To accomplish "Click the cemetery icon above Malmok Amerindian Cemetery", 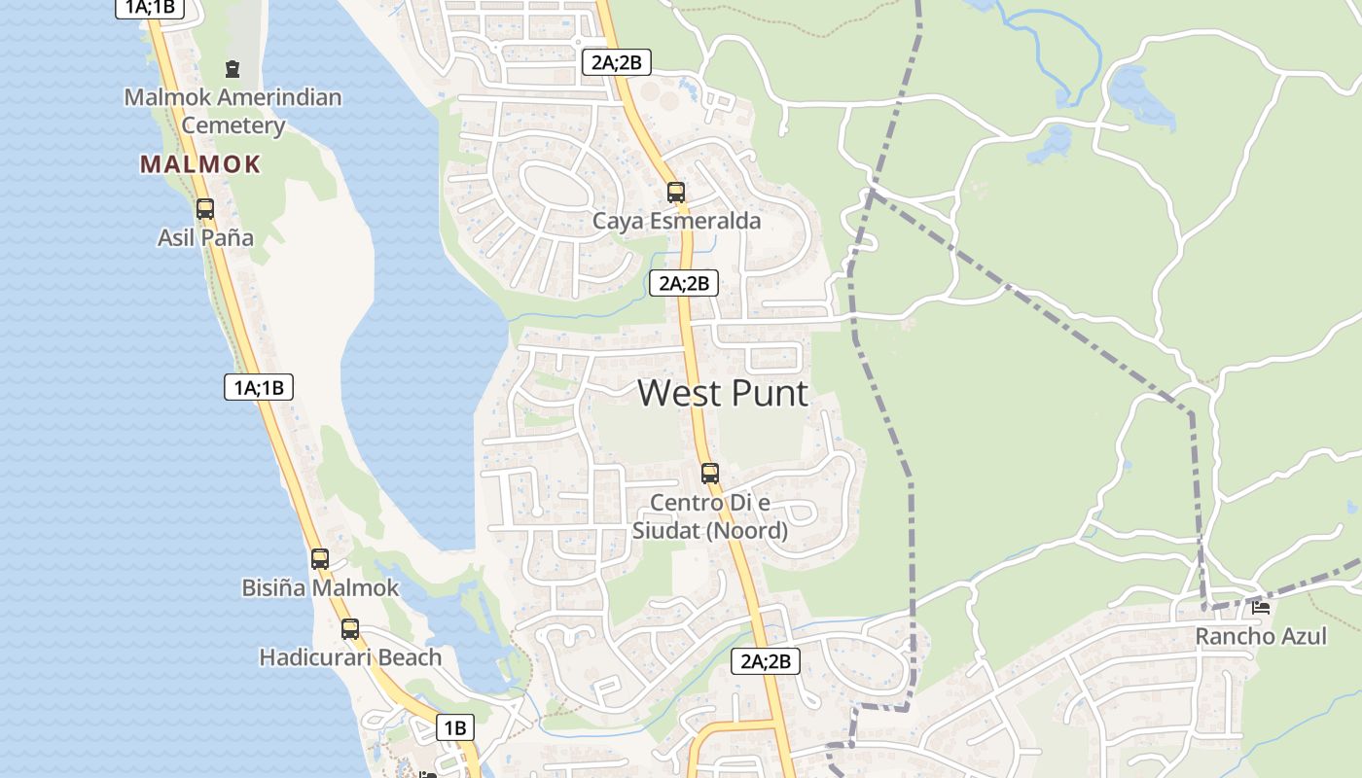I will click(x=233, y=69).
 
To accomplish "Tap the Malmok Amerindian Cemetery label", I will click(x=233, y=111).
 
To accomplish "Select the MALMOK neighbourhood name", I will click(x=200, y=164).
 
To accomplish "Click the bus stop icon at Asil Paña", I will click(x=204, y=208).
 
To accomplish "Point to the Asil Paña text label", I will click(x=205, y=237).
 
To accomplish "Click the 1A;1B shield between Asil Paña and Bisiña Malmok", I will click(x=258, y=387).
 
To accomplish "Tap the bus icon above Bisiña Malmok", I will click(x=319, y=559).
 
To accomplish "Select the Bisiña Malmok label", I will click(x=320, y=587).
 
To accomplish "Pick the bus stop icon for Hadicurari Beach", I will click(x=350, y=629).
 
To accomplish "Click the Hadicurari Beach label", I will click(x=350, y=657).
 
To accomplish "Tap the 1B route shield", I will click(x=454, y=726).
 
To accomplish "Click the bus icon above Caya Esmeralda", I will click(x=676, y=192).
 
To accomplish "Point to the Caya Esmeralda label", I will click(x=677, y=221).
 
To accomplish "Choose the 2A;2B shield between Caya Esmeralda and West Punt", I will click(x=684, y=283).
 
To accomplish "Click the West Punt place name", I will click(x=723, y=393).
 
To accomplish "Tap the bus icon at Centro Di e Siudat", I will click(x=710, y=474).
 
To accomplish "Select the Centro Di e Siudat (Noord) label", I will click(x=710, y=516).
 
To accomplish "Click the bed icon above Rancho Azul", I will click(x=1261, y=608).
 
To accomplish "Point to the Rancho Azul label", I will click(x=1261, y=636).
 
